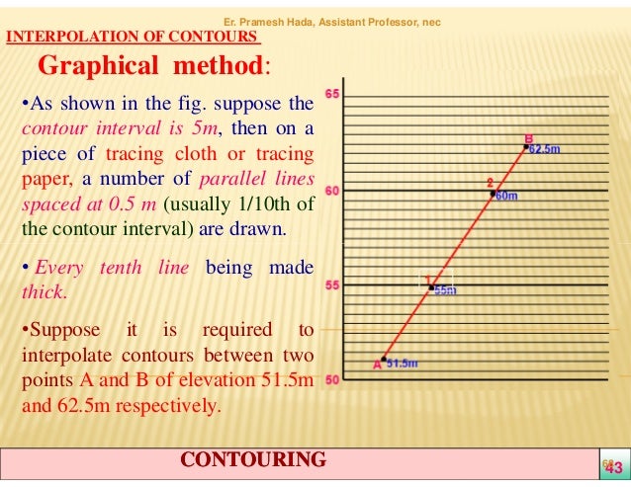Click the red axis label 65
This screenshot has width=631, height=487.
tap(332, 94)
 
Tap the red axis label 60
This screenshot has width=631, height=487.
tap(332, 191)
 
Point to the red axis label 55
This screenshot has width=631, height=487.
tap(332, 285)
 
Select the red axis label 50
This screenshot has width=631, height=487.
tap(332, 380)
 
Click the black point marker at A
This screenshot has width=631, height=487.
tap(384, 360)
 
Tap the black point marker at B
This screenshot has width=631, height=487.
tap(526, 147)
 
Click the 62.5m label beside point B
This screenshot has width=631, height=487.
tap(545, 150)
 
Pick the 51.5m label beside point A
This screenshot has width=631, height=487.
tap(402, 364)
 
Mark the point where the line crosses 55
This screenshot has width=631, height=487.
tap(431, 288)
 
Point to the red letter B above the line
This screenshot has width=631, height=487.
tap(528, 138)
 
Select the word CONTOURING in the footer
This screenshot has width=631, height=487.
tap(254, 459)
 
